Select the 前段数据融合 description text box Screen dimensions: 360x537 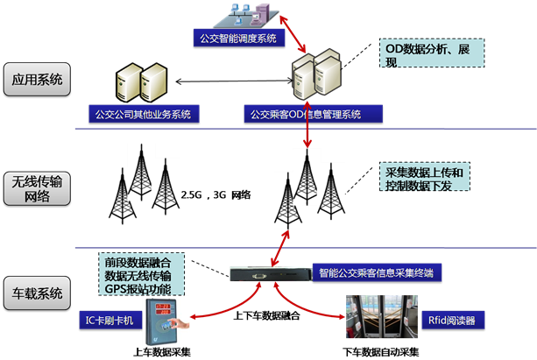[143, 275]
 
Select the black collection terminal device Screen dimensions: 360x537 [268, 274]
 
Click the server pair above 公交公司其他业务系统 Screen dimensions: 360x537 [141, 83]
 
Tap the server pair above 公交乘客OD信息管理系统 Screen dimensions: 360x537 [316, 78]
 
